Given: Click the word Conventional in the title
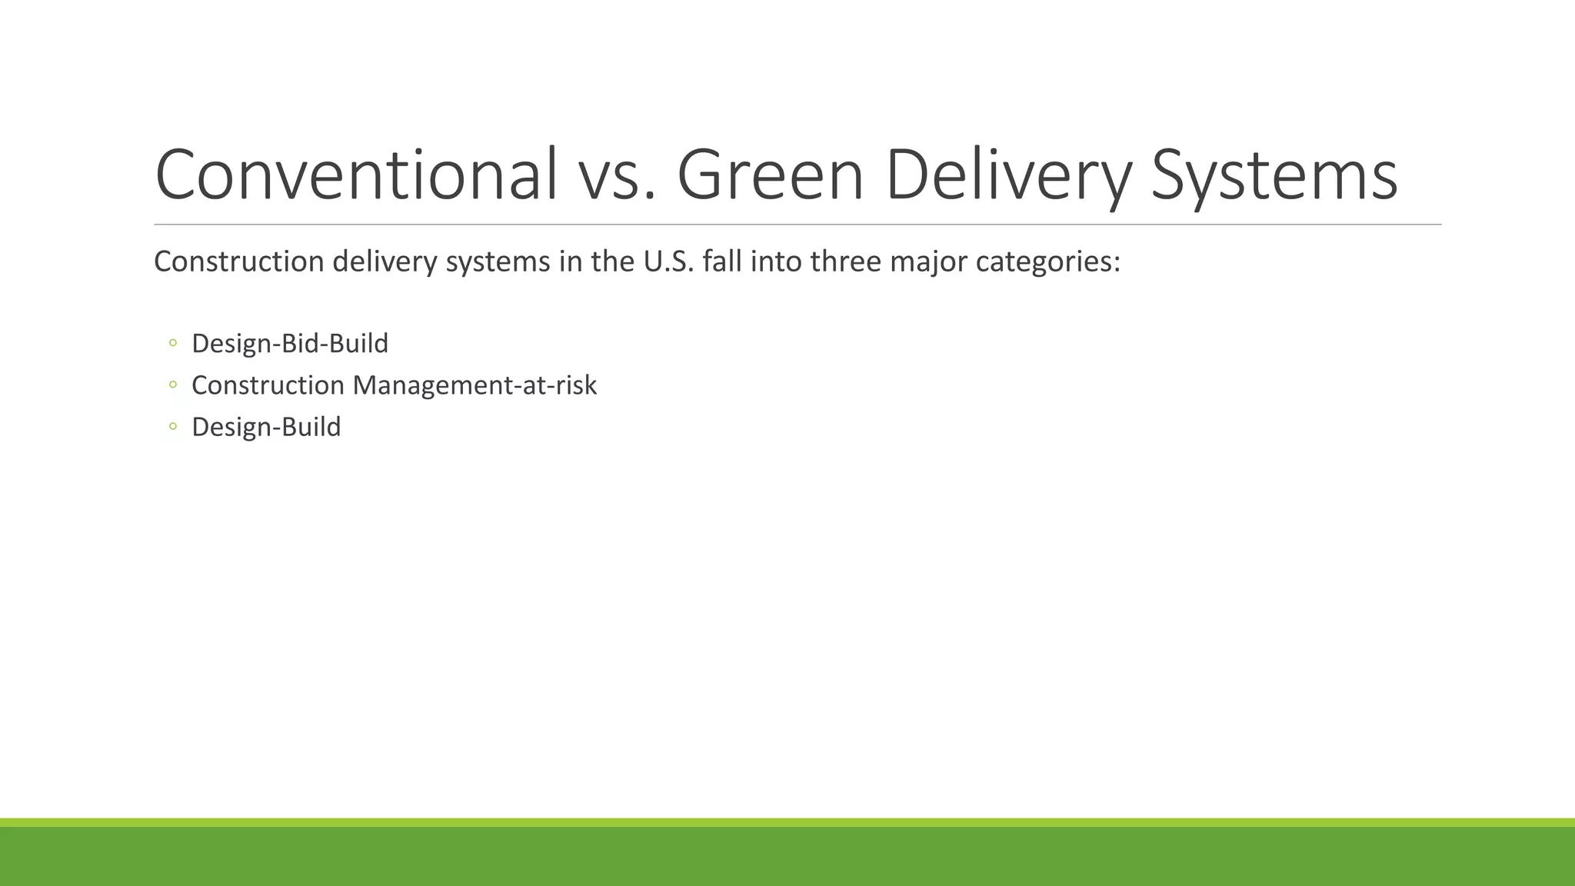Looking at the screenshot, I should (x=356, y=175).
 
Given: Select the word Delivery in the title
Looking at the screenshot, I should (x=1008, y=175).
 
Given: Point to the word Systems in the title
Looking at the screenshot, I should (x=1274, y=175).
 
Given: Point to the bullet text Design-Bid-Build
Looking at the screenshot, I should (x=289, y=344).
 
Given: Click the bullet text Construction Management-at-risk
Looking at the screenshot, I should (x=394, y=385).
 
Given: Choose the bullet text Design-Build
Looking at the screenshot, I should (x=266, y=427).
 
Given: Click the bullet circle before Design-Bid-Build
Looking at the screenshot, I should (x=172, y=342).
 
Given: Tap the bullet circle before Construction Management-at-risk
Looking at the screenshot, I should (x=172, y=384).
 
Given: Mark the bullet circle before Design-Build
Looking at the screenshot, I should (x=172, y=425).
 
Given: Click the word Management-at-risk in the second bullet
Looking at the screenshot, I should (x=474, y=385).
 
